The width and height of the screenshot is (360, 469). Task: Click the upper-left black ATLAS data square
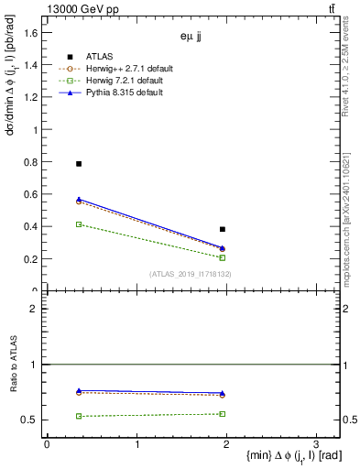(79, 163)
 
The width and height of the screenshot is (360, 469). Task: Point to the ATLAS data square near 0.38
(223, 229)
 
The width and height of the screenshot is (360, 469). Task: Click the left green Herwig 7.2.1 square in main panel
(79, 224)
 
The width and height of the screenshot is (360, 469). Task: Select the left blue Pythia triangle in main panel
(79, 199)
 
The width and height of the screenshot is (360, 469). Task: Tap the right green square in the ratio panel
(223, 414)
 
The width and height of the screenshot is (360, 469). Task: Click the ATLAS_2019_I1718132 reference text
(191, 274)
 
